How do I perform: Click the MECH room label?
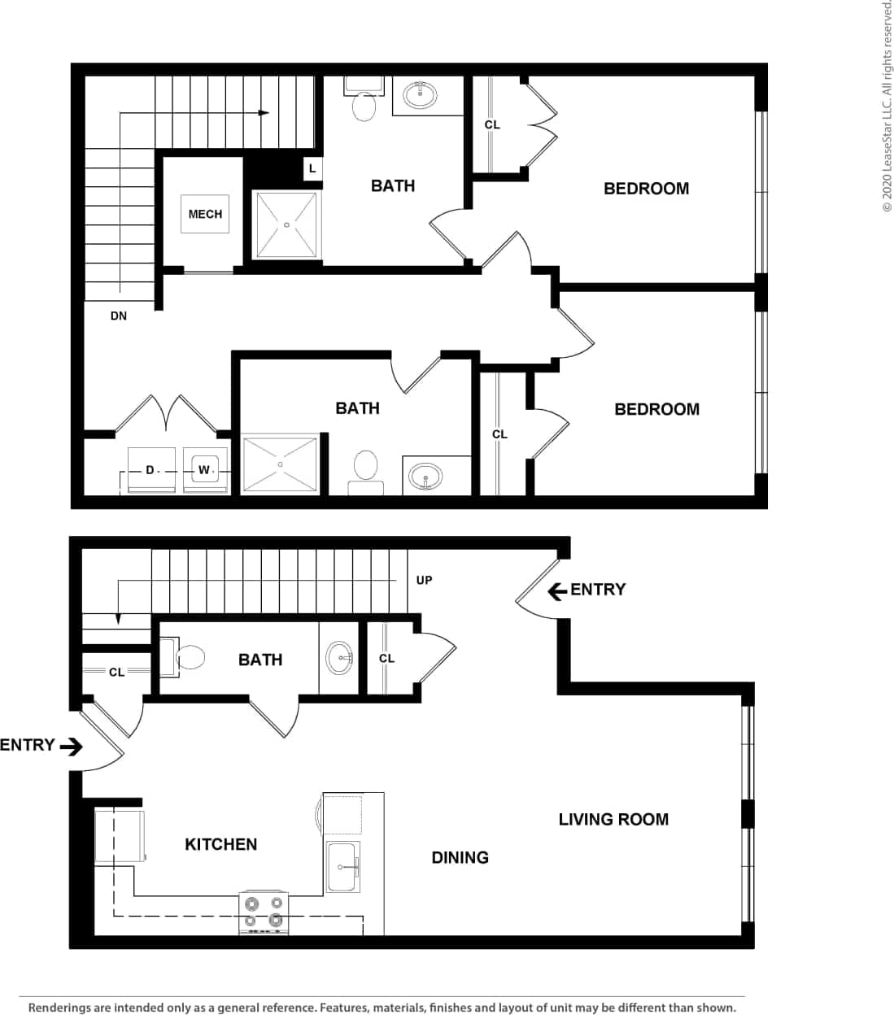205,214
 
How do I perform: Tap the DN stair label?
119,316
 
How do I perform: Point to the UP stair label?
424,580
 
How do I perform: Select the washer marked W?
203,470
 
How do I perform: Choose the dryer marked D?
150,470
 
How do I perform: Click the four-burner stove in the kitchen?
264,912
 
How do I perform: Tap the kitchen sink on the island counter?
342,866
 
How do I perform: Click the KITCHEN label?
220,844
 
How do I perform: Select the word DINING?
460,857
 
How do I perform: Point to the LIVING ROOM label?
613,819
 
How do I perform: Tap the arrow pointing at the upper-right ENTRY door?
557,590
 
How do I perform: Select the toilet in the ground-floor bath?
186,658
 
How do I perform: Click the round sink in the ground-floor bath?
339,657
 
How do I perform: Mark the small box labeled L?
312,169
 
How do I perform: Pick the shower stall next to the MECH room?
286,224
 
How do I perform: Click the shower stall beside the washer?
280,464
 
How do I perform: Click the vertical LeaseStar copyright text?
886,106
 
